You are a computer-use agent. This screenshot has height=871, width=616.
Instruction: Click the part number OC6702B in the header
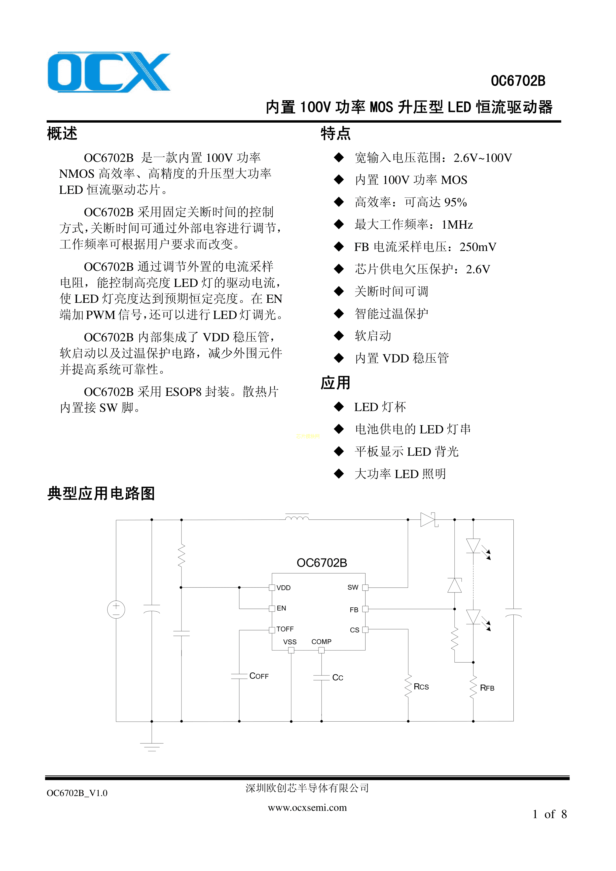tap(518, 81)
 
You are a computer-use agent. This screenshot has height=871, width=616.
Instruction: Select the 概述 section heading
tap(62, 134)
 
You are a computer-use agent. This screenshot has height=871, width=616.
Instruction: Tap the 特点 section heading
tap(335, 134)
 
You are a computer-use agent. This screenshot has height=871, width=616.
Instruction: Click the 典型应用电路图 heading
tap(101, 493)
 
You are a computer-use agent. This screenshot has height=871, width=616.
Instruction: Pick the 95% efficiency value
tap(455, 202)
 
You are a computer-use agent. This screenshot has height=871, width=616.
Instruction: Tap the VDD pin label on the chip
tap(284, 588)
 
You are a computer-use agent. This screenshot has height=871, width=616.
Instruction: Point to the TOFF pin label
tap(285, 629)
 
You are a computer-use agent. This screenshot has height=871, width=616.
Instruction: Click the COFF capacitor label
tap(259, 676)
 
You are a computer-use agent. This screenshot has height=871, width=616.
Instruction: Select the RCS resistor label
tap(421, 687)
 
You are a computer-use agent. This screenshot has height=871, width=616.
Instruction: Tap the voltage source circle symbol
tap(116, 610)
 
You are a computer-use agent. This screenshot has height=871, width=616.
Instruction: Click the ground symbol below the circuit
tap(151, 747)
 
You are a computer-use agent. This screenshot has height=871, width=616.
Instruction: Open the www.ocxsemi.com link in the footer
tap(307, 808)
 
